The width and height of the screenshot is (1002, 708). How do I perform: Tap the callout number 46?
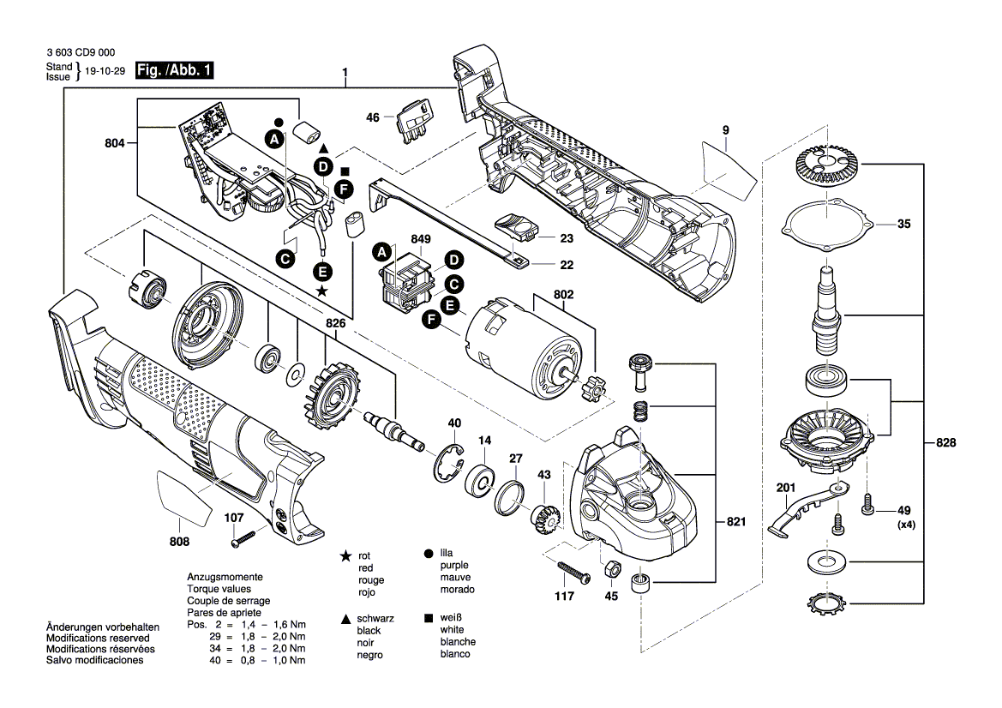[x=373, y=117]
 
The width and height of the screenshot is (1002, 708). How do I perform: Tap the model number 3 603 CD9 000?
[x=82, y=51]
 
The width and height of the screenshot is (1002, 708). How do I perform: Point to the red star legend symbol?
[x=345, y=556]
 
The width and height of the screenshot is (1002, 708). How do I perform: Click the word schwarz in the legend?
[x=375, y=618]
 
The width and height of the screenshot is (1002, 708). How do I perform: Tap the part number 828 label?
[x=945, y=443]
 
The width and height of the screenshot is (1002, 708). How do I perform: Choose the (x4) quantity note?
[x=906, y=525]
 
